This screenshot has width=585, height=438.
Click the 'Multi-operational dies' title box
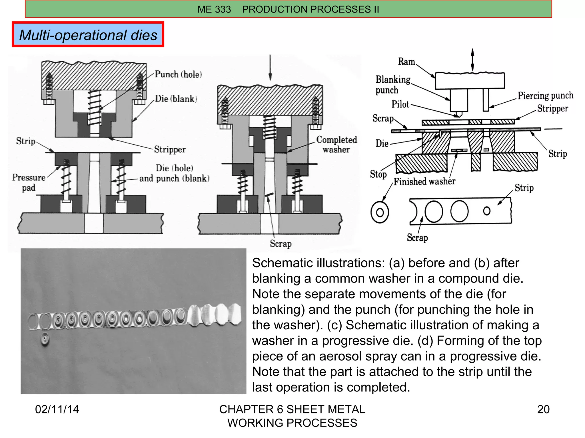[88, 35]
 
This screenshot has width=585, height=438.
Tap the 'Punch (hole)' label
[178, 74]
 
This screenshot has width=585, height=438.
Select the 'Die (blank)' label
[176, 99]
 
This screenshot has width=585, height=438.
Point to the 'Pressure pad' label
[29, 182]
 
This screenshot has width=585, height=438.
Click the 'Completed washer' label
[336, 145]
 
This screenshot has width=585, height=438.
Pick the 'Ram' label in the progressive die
[406, 62]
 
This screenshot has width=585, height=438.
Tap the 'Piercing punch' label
[545, 96]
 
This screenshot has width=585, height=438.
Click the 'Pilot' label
[400, 104]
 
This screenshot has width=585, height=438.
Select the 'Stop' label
[378, 174]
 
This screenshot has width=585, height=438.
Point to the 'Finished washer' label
[424, 181]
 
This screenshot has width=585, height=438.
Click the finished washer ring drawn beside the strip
[380, 212]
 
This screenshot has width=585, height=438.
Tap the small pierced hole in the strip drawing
[487, 211]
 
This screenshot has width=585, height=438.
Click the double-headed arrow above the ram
[472, 60]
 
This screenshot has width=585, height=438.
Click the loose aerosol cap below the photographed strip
[45, 339]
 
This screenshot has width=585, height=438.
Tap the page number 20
[543, 409]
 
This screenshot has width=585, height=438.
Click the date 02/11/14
[57, 409]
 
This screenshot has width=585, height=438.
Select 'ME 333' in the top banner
[214, 9]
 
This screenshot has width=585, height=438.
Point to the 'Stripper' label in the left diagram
[170, 149]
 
